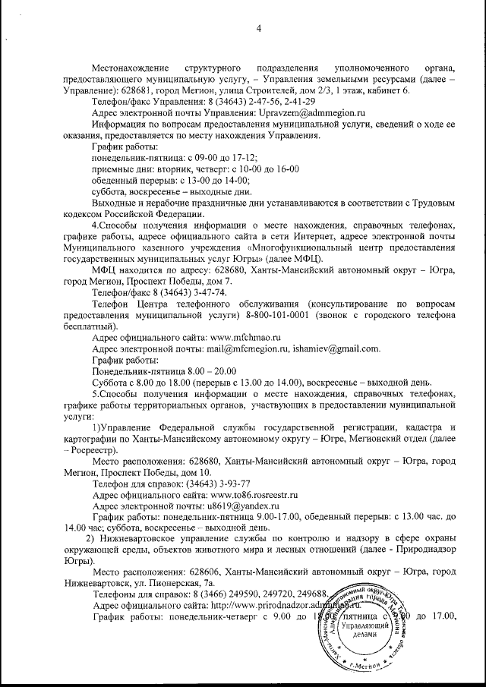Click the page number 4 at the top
[x=258, y=29]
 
